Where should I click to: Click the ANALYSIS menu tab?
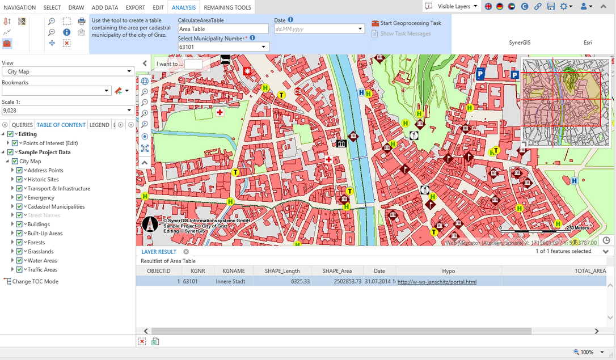coord(184,7)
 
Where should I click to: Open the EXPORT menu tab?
coord(135,7)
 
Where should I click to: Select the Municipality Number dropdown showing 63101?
coord(223,47)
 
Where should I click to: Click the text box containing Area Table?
coord(222,28)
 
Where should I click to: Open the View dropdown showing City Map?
coord(67,71)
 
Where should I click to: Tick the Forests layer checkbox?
coord(19,243)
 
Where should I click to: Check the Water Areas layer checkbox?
coord(19,261)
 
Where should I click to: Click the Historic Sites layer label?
coord(43,179)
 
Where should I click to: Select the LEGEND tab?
coord(99,125)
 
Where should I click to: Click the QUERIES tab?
coord(23,125)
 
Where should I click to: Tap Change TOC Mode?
coord(35,281)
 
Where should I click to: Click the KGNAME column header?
coord(234,271)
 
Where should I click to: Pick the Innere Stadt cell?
coord(230,281)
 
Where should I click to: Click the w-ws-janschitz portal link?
coord(437,281)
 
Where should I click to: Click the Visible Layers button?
coord(449,6)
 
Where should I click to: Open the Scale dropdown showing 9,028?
coord(67,111)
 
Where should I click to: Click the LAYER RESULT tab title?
coord(159,252)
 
